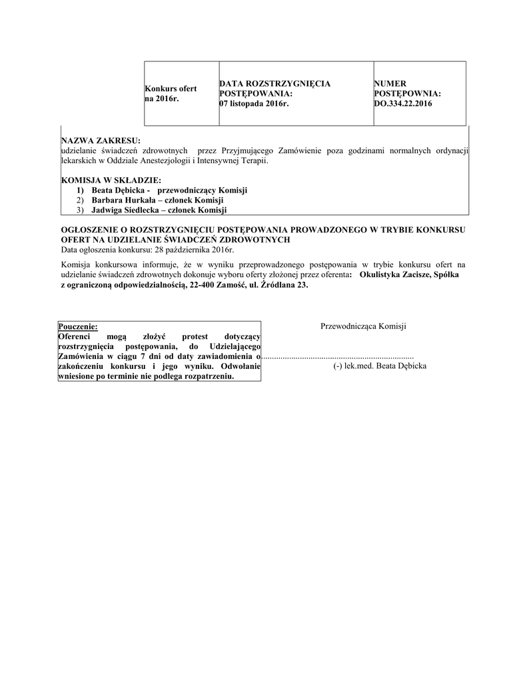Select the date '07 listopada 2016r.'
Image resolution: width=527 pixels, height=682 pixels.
pos(255,104)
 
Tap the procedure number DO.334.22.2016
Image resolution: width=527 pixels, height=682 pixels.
pos(403,104)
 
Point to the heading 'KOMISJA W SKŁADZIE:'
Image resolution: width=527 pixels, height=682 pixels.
pos(111,180)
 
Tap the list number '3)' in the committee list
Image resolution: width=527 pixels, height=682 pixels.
pos(80,210)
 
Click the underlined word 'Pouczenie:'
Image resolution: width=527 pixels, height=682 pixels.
pos(78,326)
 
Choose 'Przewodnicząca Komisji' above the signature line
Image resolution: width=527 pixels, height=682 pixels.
pos(363,326)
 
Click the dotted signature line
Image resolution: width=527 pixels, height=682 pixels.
pos(338,357)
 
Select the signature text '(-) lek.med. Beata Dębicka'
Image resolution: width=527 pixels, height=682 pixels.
pos(380,366)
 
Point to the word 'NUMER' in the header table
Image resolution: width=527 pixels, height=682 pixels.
pos(390,83)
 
